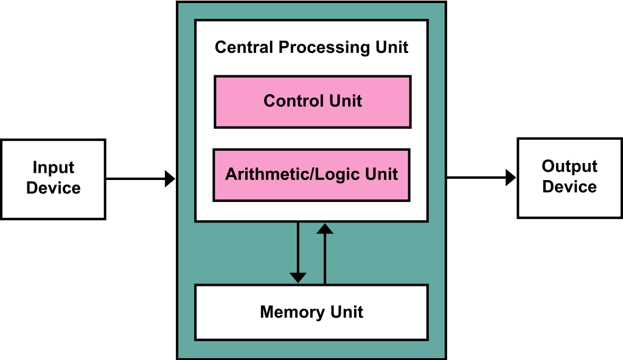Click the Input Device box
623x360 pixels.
[x=54, y=179]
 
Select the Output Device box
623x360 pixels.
[x=570, y=178]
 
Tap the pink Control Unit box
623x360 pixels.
[x=313, y=102]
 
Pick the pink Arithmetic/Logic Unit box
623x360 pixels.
[x=311, y=175]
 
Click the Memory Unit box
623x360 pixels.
[x=311, y=313]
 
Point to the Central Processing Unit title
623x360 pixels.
[x=311, y=47]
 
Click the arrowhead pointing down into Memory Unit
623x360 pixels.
[x=298, y=278]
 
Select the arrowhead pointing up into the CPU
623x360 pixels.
[x=325, y=229]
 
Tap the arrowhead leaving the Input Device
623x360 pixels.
[x=170, y=179]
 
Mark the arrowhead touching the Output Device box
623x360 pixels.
[x=511, y=177]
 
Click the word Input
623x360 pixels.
[x=54, y=168]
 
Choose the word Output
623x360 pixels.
[x=569, y=167]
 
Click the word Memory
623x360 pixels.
[x=292, y=313]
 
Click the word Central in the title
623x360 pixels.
[x=244, y=47]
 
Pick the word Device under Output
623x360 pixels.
[x=569, y=187]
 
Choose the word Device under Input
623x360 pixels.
[x=54, y=188]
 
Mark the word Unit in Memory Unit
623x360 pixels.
[x=347, y=313]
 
